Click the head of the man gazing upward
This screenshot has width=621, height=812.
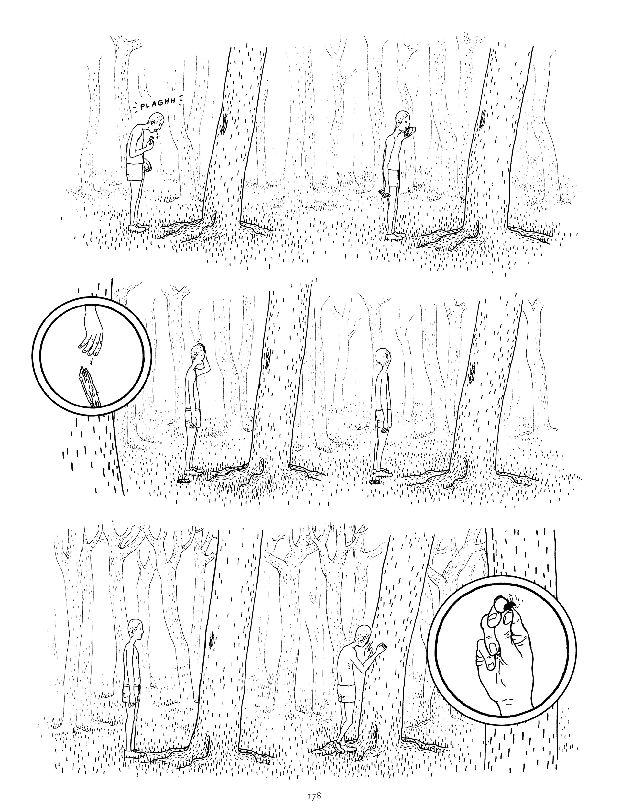coord(383,357)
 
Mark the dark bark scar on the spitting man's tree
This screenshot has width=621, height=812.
coord(224,123)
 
